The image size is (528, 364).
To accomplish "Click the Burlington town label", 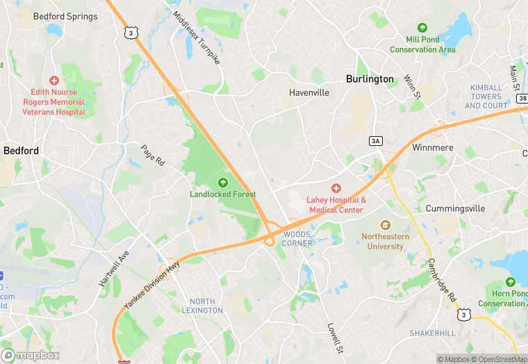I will tap(370, 79).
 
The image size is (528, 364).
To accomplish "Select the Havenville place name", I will tap(308, 92).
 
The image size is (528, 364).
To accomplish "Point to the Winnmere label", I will tap(432, 149).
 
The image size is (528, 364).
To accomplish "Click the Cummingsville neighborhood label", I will tap(451, 208).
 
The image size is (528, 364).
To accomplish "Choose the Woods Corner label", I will tap(297, 239).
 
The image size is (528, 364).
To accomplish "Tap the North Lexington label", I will tap(206, 306).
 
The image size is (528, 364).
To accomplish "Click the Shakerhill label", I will tap(433, 333).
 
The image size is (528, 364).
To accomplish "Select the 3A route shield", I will tap(376, 141).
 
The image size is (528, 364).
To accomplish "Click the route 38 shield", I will tap(522, 99).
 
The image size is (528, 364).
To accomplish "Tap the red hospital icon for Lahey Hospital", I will tap(336, 188).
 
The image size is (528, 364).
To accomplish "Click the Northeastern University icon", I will tap(386, 225).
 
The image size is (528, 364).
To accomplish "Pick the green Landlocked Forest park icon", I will tap(222, 183).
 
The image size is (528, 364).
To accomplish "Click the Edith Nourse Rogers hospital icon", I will tap(54, 81).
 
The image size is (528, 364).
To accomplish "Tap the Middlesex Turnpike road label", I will tap(197, 38).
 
